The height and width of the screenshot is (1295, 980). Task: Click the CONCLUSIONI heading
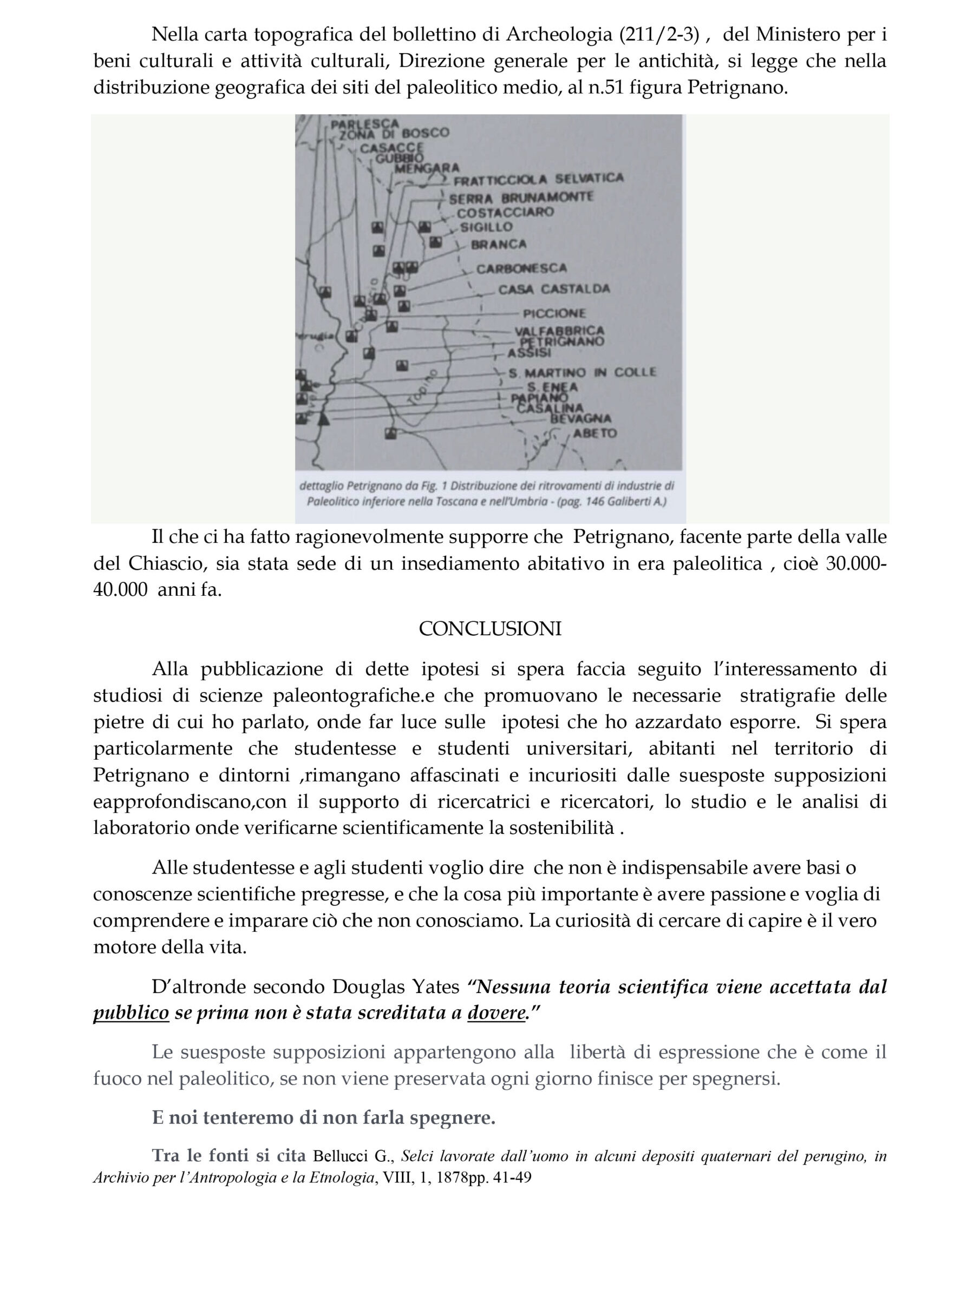pos(489,629)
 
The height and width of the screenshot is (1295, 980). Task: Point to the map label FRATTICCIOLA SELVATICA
pos(538,179)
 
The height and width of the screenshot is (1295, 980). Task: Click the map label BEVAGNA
pos(580,419)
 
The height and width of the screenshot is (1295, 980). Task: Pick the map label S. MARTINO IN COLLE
pos(582,372)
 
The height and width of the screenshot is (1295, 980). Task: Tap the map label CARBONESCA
pos(521,269)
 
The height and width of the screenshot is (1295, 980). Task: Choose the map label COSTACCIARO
pos(505,212)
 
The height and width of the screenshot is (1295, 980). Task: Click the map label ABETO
pos(594,433)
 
